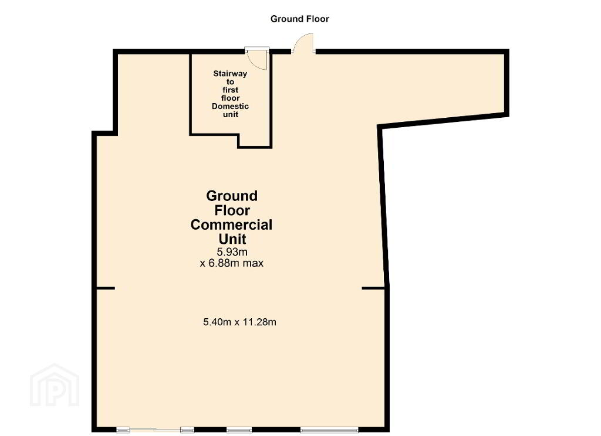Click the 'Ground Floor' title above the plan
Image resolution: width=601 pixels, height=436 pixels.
click(299, 19)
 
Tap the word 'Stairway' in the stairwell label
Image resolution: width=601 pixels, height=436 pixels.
click(230, 73)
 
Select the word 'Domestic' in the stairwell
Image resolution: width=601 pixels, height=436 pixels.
click(230, 106)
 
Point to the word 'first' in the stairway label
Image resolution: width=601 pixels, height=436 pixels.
click(230, 90)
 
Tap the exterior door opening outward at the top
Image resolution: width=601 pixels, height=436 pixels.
click(303, 42)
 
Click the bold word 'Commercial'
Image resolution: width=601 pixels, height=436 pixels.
click(231, 224)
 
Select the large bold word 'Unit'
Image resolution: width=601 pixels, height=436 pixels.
click(232, 239)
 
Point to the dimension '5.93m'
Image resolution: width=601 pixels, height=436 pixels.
click(232, 252)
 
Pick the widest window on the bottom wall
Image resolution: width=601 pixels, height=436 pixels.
click(329, 430)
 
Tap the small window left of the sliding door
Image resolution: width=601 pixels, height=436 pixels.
click(123, 430)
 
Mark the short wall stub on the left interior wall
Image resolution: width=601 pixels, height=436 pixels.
click(105, 288)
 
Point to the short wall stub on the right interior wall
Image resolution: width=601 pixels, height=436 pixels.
click(374, 288)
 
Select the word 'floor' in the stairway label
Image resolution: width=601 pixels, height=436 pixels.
click(230, 98)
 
